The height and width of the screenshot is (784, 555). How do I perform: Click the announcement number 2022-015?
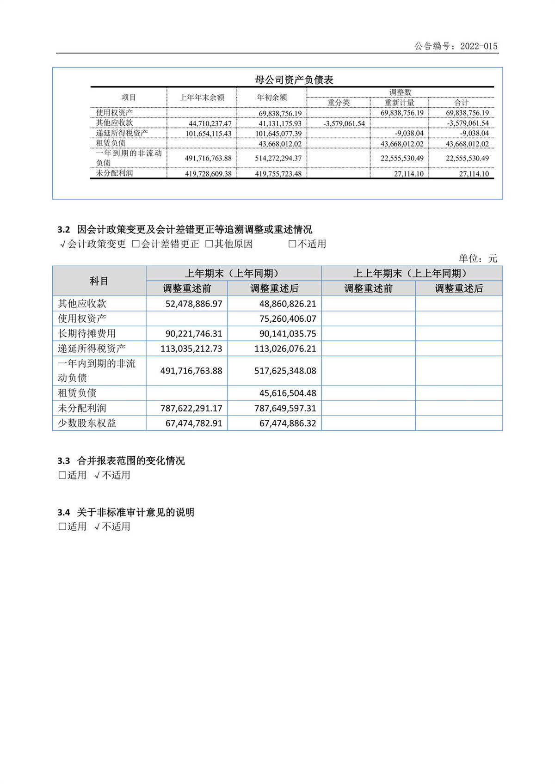click(x=479, y=46)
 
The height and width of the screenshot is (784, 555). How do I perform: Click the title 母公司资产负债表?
click(x=294, y=80)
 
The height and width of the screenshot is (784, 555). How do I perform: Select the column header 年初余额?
click(x=272, y=98)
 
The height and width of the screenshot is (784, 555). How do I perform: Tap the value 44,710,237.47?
click(x=210, y=123)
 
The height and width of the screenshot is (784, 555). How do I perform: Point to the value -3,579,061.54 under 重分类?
click(x=344, y=123)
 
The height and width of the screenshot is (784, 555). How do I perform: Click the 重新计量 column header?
click(x=400, y=103)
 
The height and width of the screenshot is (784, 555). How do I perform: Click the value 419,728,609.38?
click(x=208, y=174)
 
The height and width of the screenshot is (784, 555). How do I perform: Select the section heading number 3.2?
click(x=63, y=230)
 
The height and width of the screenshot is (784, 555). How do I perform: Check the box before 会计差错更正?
click(x=136, y=244)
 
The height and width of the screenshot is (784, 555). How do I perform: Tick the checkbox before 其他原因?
click(x=209, y=244)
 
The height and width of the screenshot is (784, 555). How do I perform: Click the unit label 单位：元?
click(x=478, y=258)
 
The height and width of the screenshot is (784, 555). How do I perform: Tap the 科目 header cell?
click(x=99, y=281)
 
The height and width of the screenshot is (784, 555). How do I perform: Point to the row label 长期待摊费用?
click(x=86, y=334)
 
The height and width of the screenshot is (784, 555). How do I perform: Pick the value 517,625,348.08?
click(x=285, y=371)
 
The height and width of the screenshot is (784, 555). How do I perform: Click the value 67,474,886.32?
click(x=288, y=423)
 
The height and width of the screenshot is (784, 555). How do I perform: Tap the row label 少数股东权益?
click(x=86, y=423)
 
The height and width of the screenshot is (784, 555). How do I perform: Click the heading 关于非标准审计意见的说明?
click(x=136, y=512)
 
